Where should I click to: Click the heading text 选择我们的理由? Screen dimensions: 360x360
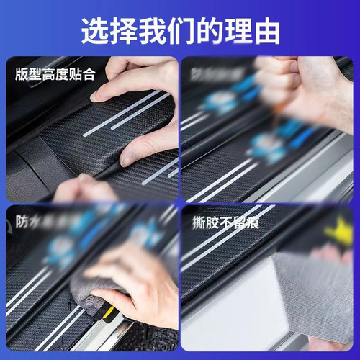(180, 30)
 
